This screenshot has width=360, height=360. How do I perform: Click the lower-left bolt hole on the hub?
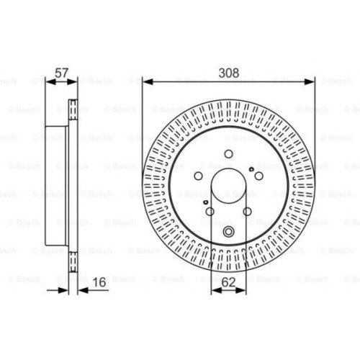[x=211, y=210]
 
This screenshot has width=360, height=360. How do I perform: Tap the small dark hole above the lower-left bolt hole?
[x=207, y=202]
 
